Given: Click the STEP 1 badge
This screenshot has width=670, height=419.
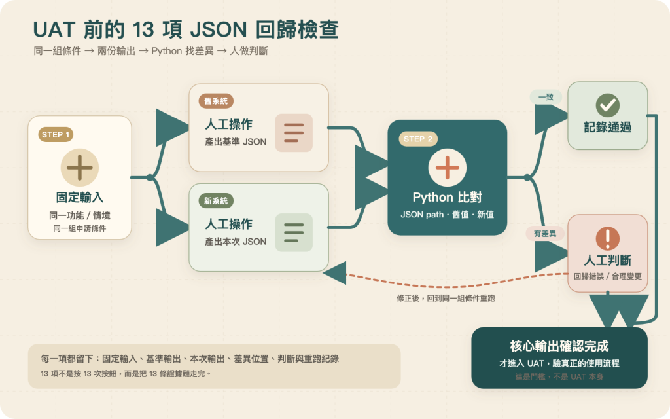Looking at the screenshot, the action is point(56,135).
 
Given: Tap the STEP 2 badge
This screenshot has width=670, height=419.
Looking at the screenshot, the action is point(418,139).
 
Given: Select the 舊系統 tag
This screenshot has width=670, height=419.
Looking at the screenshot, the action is point(216,101).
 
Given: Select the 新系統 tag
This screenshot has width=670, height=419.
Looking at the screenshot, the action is point(216,201).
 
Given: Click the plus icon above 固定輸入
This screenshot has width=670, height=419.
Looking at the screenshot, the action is point(80,167).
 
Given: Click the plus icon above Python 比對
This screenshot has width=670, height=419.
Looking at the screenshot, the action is point(448,167).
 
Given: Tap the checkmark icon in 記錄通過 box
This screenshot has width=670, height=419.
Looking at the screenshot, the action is point(608,105).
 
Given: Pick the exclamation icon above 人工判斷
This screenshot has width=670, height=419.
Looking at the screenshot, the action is point(608,238).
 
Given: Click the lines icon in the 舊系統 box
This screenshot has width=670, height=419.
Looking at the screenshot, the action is point(294,133).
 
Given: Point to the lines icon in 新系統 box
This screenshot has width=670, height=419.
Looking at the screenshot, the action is point(294,232).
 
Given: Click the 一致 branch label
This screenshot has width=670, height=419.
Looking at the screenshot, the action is point(546,97).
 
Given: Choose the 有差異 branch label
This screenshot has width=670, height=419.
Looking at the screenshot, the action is point(545,234).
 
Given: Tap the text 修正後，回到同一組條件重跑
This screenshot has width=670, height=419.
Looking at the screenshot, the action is point(446,298).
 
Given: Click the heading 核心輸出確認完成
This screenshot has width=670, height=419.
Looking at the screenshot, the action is point(559,346).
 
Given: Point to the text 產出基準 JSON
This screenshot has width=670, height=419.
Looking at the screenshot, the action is point(236,142).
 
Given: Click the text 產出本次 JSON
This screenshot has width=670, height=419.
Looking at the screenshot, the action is point(236,242).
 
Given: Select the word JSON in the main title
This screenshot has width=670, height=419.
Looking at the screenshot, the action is point(219,29).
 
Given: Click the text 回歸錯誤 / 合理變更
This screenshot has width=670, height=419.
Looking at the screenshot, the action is point(608,276).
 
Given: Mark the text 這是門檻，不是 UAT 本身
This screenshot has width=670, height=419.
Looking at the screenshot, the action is point(559,376).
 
